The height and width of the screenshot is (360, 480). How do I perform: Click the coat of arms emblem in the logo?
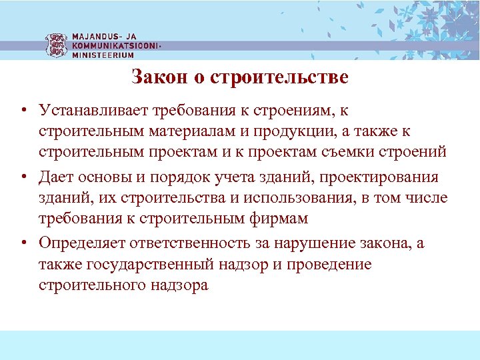point(56,45)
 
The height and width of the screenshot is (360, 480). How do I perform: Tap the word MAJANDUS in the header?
point(96,37)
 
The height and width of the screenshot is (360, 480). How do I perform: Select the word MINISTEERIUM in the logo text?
point(103,55)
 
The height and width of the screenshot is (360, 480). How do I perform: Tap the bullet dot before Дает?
point(23,177)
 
